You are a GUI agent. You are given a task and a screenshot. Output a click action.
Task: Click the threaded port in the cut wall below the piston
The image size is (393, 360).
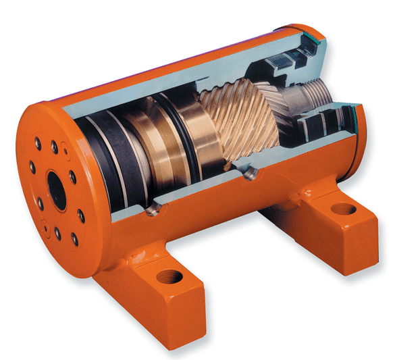coord(153,211)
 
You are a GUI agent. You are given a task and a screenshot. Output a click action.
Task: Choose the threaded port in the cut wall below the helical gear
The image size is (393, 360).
coord(251,175)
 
